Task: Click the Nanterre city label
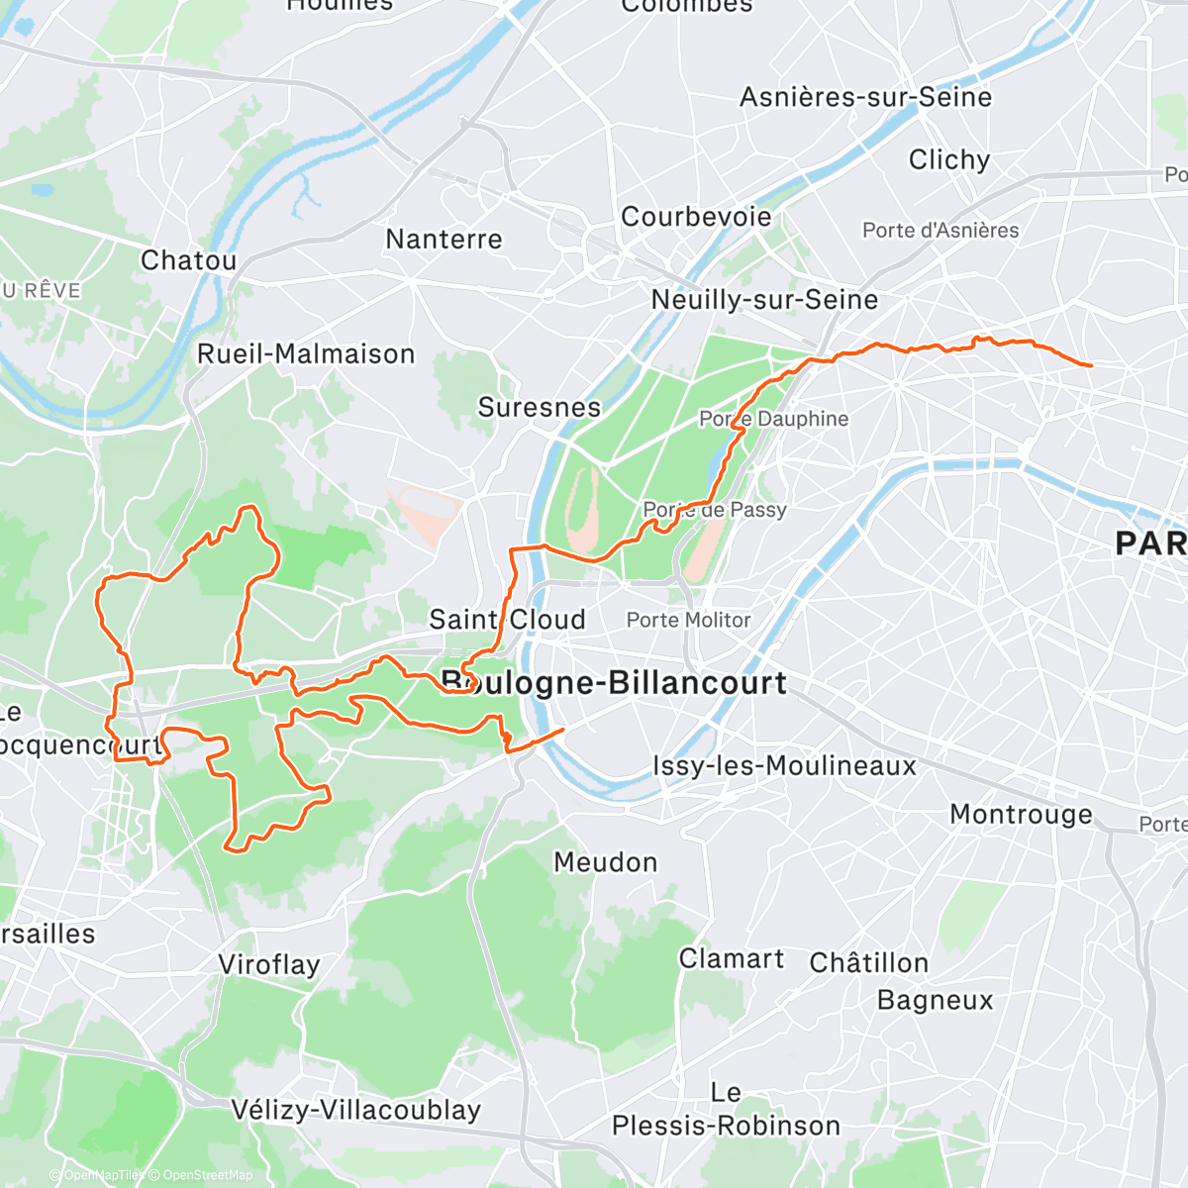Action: click(444, 240)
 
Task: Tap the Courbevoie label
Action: click(696, 217)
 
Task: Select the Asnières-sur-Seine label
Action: click(865, 97)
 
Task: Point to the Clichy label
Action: click(949, 160)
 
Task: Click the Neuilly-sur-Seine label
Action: click(764, 300)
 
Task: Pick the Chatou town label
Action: click(188, 261)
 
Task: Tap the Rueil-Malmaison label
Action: click(306, 354)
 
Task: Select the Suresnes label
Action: click(540, 408)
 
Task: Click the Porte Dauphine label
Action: click(773, 419)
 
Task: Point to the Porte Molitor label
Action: click(688, 621)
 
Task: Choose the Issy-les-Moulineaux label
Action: click(784, 766)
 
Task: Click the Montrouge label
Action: click(1022, 815)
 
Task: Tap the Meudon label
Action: click(605, 862)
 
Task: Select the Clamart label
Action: click(731, 959)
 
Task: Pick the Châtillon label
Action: click(868, 963)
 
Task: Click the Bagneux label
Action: click(935, 1001)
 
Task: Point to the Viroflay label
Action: click(268, 965)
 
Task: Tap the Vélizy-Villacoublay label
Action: click(355, 1111)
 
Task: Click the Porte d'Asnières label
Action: click(940, 231)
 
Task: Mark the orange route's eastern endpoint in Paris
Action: click(1091, 365)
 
